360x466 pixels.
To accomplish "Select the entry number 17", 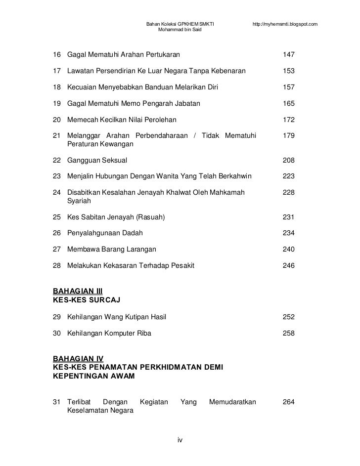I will coord(56,71).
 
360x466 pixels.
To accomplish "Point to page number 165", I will coord(288,104).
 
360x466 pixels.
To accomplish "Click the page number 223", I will coord(288,176).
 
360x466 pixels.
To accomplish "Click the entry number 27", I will coord(56,250).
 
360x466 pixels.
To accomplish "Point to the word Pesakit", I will coord(182,266).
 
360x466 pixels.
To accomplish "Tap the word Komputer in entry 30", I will coord(119,333).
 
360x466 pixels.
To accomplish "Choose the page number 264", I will coord(288,402).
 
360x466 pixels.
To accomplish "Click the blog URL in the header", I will coord(284,24).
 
